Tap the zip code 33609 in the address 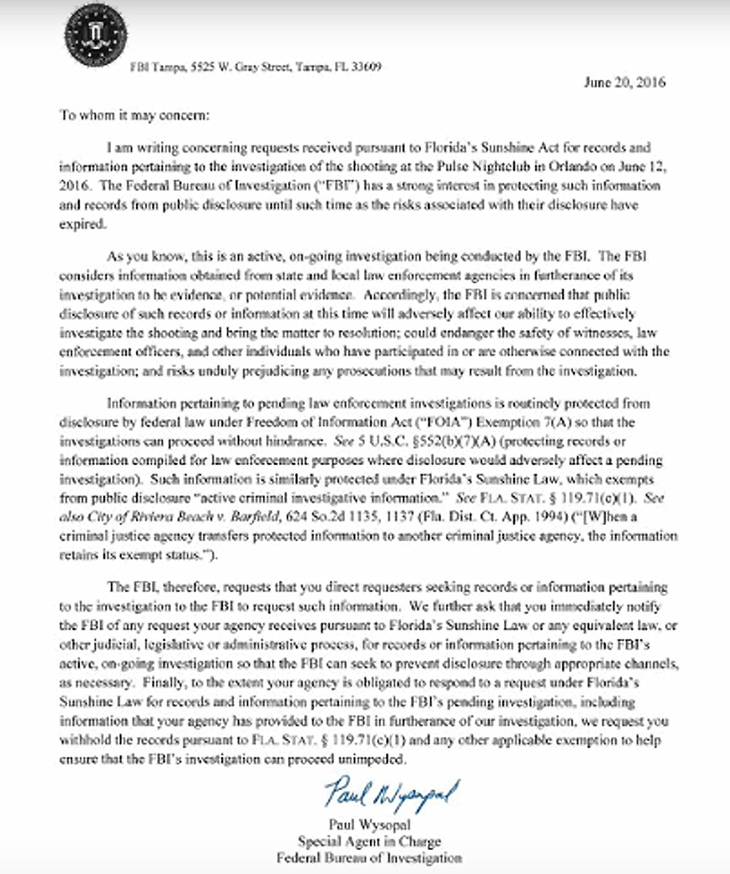click(x=367, y=67)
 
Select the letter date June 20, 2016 click(x=624, y=82)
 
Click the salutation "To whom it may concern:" click(x=135, y=116)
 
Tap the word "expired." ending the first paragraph click(x=82, y=224)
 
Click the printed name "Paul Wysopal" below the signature click(x=369, y=825)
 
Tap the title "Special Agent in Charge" click(x=369, y=842)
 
